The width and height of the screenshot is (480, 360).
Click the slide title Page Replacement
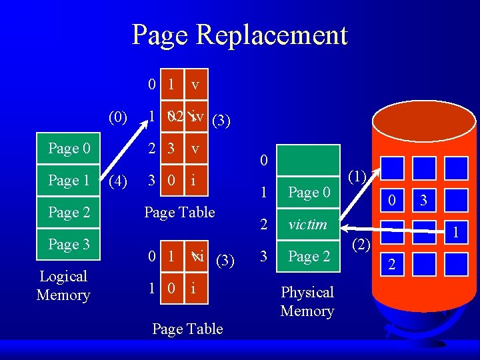pos(240,35)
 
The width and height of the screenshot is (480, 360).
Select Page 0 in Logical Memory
pos(69,148)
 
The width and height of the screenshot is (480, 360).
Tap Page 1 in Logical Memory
pos(69,180)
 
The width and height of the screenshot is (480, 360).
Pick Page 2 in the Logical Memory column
pos(69,213)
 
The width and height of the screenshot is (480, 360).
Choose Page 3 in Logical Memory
pos(69,245)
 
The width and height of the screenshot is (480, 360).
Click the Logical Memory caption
pos(63,285)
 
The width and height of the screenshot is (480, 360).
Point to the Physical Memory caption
pos(307,301)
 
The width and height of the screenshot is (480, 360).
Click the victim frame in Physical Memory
pos(307,225)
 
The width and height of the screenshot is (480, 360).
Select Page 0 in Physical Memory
pos(309,193)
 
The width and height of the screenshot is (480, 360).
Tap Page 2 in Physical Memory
pos(309,257)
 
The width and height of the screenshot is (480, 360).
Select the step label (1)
pos(357,177)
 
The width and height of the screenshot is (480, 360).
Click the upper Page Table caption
pos(180,212)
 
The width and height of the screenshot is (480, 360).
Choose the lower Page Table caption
pos(187,329)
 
